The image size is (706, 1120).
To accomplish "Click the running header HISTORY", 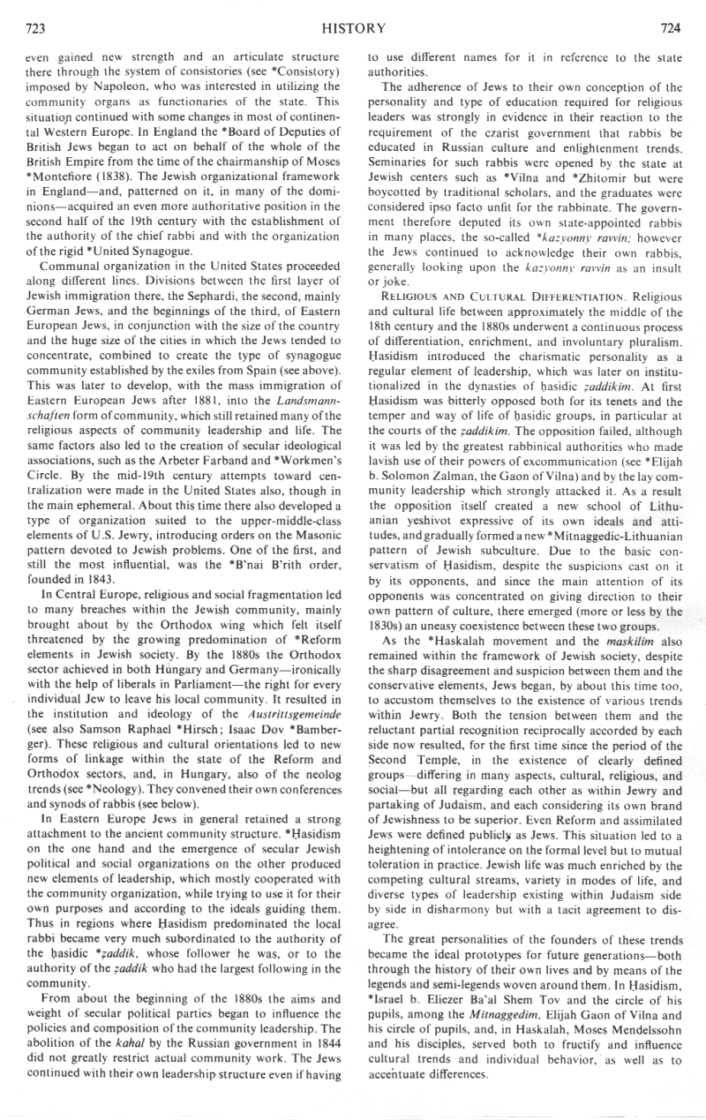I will click(353, 28).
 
